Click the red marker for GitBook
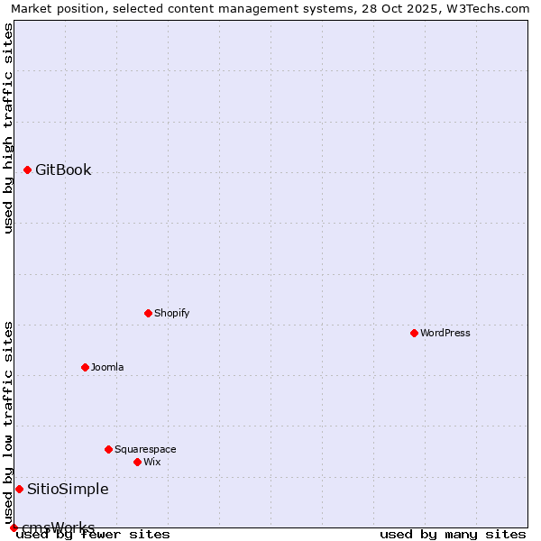pos(27,170)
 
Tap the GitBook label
pos(63,170)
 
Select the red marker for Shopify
pos(148,313)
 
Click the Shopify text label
pos(171,314)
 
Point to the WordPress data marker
pos(414,333)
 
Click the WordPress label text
pos(445,334)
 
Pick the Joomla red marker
pos(85,367)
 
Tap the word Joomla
pos(107,368)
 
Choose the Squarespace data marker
pos(108,449)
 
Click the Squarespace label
pos(145,450)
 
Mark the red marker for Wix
pos(137,462)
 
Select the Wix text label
pos(151,463)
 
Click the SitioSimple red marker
pos(19,489)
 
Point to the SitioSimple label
pos(68,490)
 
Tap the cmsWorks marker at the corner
pos(14,527)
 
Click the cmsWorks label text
pos(58,527)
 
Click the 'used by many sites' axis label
pos(453,535)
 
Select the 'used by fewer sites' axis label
pos(93,535)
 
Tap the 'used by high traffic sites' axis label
pos(9,128)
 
